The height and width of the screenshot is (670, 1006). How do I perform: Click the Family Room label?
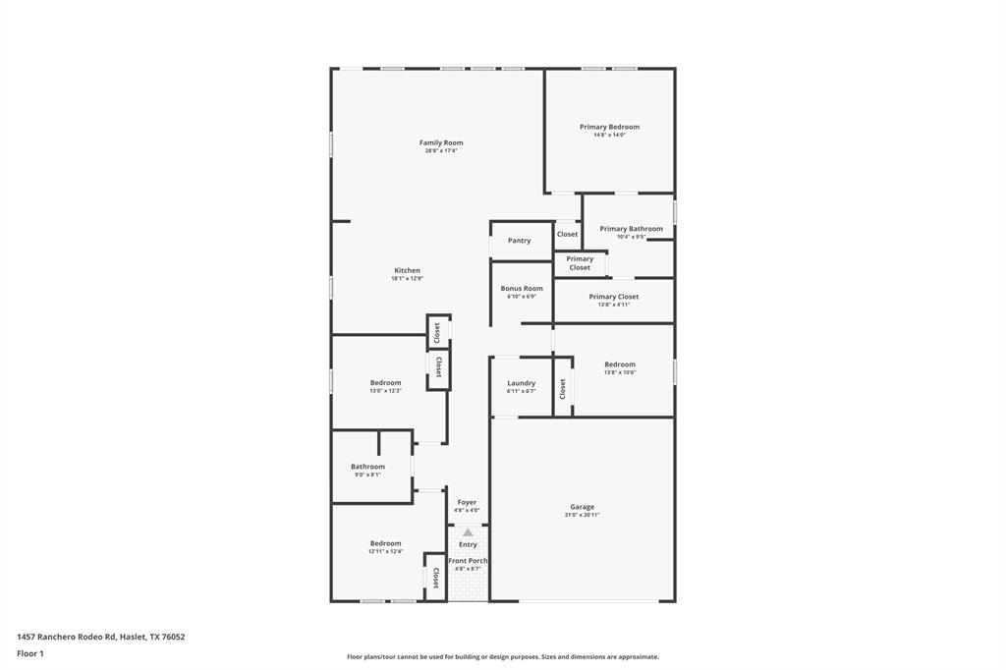click(x=441, y=142)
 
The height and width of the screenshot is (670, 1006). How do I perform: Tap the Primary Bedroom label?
click(x=609, y=127)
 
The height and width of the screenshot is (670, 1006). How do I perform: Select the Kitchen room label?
click(x=407, y=270)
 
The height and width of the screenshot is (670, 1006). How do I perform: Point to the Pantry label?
click(x=519, y=241)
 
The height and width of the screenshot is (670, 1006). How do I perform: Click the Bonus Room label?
click(x=522, y=289)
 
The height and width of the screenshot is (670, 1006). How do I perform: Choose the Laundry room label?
click(x=521, y=383)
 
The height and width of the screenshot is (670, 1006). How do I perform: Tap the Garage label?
click(x=582, y=507)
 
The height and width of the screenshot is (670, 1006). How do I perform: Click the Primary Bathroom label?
click(x=631, y=229)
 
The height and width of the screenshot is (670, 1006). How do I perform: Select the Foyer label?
click(x=467, y=502)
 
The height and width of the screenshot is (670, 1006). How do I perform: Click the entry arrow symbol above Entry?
click(x=468, y=532)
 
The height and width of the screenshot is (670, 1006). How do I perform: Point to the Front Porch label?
click(x=468, y=561)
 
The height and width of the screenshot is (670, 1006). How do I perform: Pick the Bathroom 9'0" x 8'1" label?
click(x=367, y=467)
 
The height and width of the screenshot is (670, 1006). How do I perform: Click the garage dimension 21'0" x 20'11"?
click(x=582, y=515)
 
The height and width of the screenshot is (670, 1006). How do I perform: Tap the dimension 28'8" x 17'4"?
click(x=441, y=151)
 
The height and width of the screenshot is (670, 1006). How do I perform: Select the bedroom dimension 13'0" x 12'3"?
click(x=385, y=391)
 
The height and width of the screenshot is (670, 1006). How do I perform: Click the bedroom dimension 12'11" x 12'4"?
click(x=385, y=551)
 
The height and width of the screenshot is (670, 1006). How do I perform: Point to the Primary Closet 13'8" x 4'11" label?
click(x=614, y=297)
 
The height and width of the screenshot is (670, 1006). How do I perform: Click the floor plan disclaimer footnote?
click(x=502, y=657)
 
